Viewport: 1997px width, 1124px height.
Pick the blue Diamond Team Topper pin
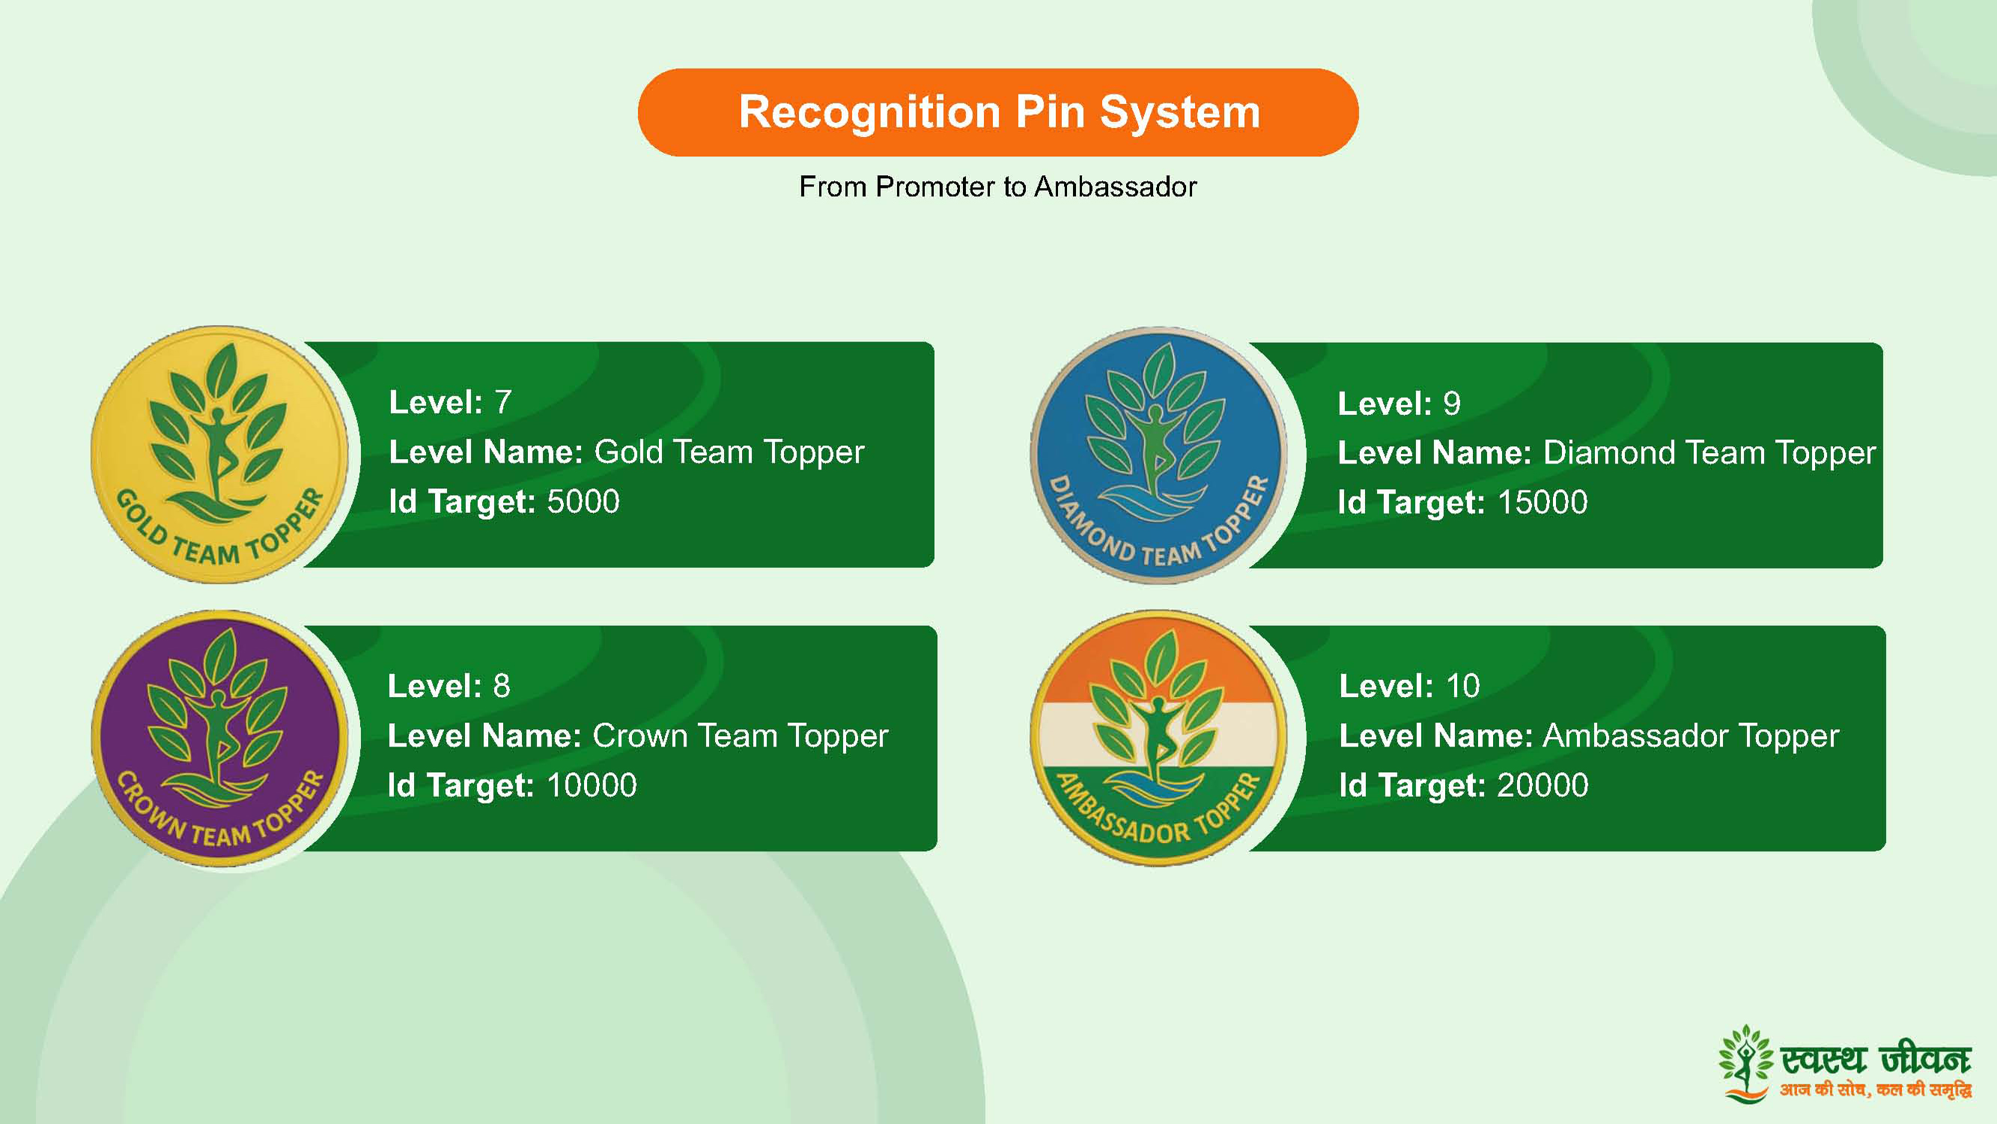click(x=1159, y=455)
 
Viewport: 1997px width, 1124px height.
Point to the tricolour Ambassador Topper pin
click(x=1159, y=738)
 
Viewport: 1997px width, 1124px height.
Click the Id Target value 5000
click(x=583, y=502)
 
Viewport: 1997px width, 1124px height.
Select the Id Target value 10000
click(x=592, y=786)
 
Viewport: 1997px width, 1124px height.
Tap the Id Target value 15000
click(x=1542, y=502)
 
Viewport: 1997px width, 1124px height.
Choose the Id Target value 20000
click(x=1542, y=786)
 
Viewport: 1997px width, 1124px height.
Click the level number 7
click(x=503, y=402)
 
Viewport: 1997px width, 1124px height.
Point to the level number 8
click(x=502, y=686)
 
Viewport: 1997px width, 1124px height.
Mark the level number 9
click(x=1451, y=403)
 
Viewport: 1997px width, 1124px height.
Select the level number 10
click(x=1463, y=686)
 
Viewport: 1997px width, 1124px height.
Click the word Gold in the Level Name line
click(x=628, y=452)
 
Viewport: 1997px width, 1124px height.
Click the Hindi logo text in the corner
click(x=1875, y=1071)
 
